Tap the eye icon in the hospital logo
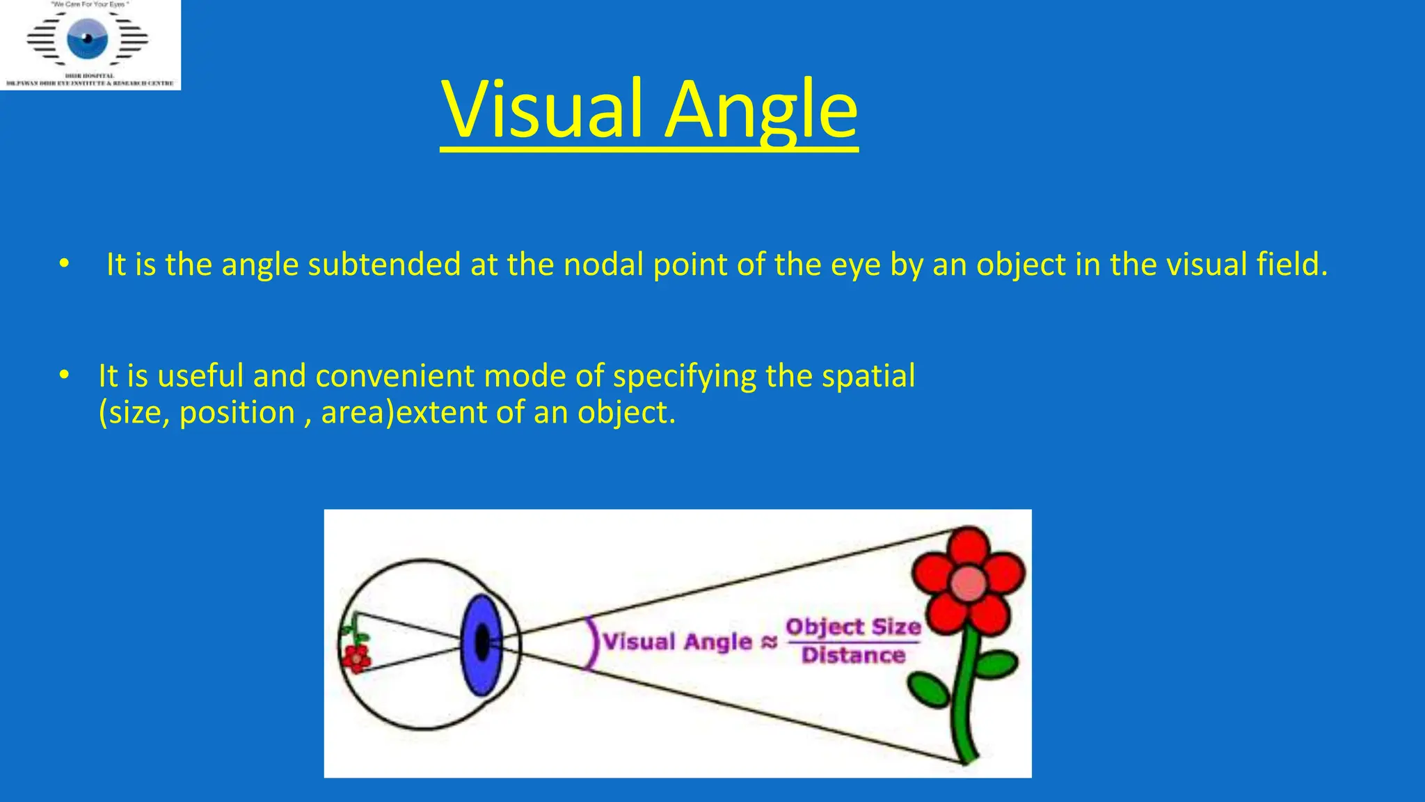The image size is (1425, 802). [88, 38]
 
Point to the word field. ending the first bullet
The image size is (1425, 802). [1292, 265]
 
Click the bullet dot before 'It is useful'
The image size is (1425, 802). [64, 375]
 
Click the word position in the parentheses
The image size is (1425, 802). [237, 413]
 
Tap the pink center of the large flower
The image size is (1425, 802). [968, 583]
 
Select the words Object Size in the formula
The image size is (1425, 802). [853, 627]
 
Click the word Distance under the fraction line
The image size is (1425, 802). [853, 655]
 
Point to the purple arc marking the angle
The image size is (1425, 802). [593, 644]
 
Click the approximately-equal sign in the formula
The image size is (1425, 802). [768, 641]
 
